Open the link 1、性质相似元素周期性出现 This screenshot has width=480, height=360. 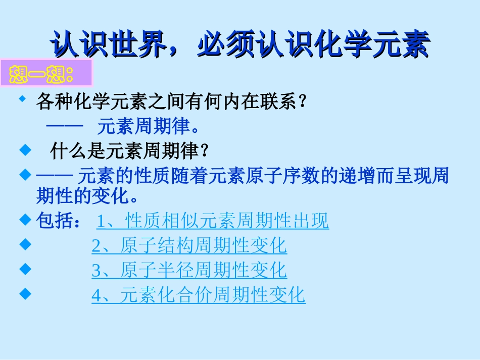click(213, 221)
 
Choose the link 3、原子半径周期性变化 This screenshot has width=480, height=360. click(189, 270)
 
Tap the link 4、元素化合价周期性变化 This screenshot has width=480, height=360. click(198, 295)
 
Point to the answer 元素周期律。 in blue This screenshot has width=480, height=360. click(150, 126)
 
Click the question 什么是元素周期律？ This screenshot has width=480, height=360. click(130, 150)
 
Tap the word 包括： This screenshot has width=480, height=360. click(58, 221)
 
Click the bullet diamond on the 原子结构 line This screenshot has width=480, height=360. click(22, 244)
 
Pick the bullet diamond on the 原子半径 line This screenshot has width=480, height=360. click(22, 269)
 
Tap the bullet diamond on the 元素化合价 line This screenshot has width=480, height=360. click(22, 293)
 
